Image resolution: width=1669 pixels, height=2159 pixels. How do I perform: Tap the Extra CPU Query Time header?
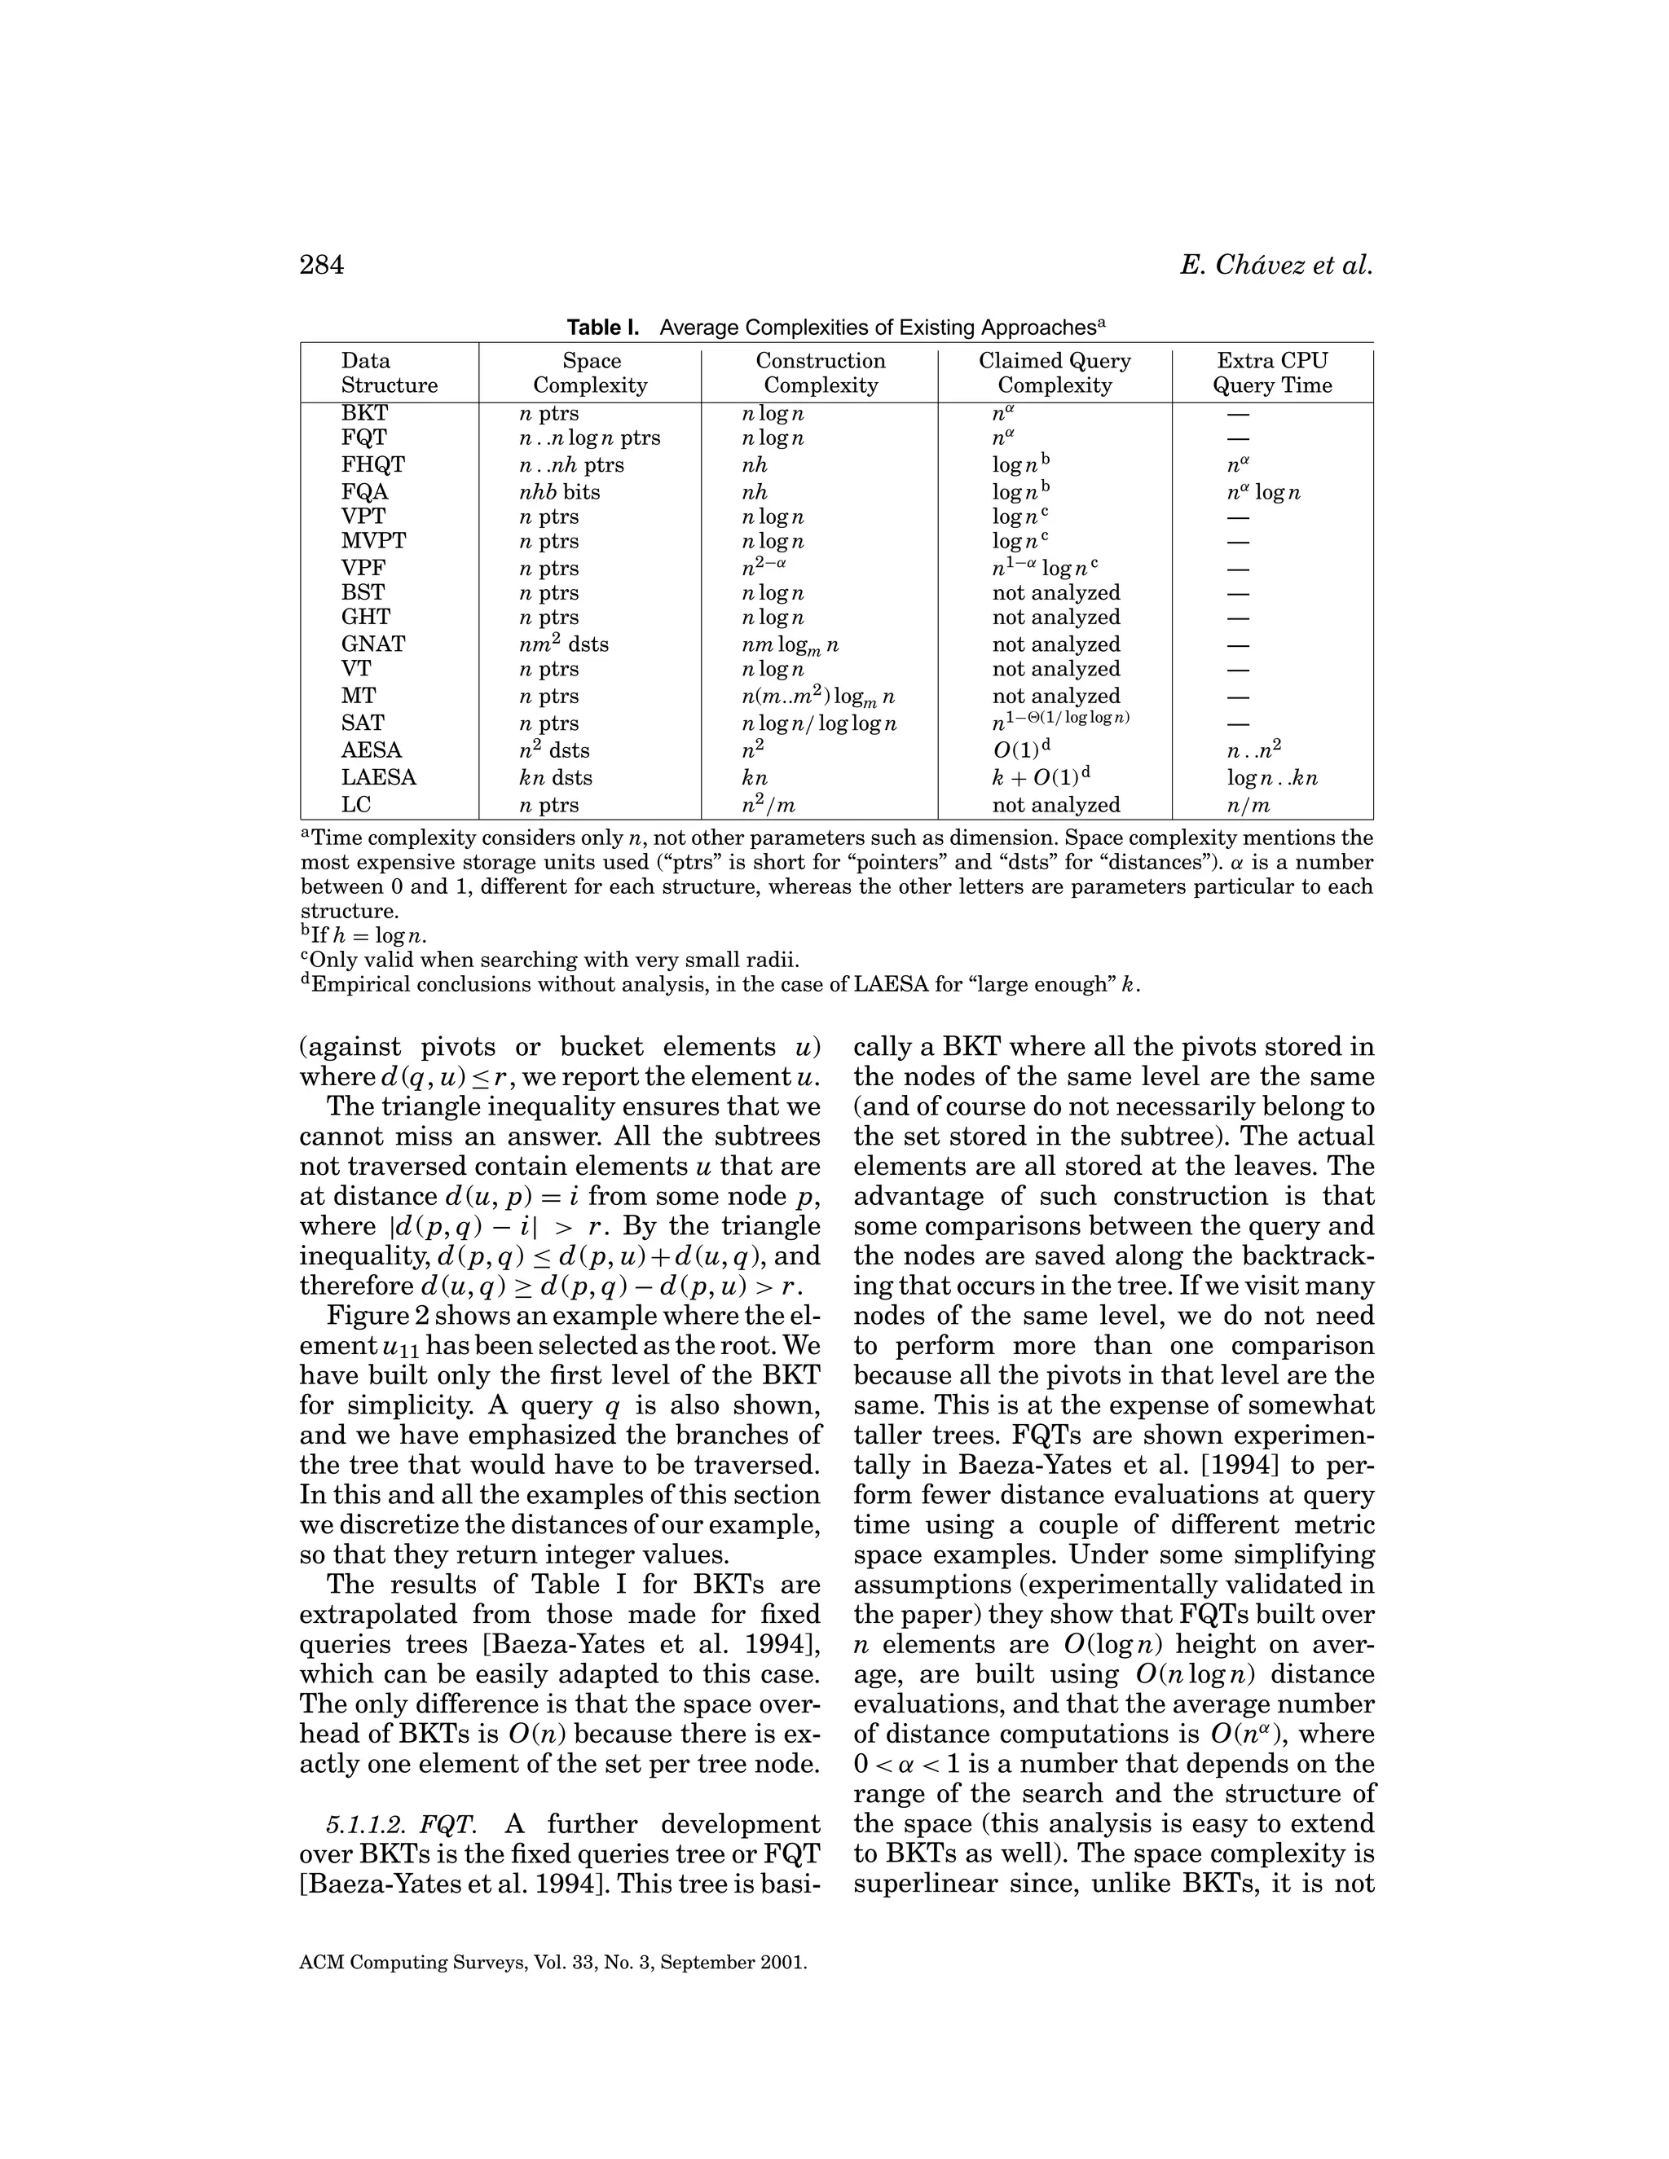1271,372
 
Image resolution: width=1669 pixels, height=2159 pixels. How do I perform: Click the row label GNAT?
372,644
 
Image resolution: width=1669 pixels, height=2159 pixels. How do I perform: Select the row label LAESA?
379,777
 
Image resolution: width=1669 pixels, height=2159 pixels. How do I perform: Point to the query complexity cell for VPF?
1045,567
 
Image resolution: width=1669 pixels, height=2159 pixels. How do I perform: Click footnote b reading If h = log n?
363,935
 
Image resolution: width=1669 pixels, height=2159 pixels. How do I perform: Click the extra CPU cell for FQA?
1262,491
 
